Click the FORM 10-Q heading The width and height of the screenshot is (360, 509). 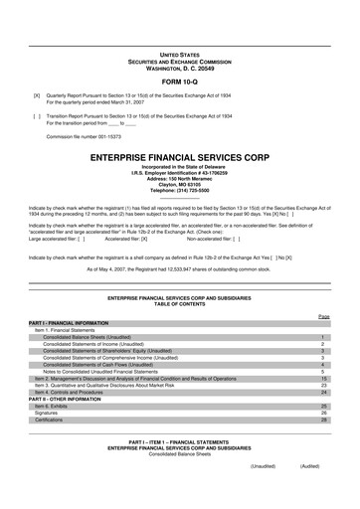click(179, 82)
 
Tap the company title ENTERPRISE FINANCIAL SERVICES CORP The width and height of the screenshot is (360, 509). click(179, 157)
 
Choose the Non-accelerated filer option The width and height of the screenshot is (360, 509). click(224, 240)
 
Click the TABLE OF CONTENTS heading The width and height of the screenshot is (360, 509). click(179, 302)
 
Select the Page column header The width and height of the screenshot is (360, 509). click(323, 315)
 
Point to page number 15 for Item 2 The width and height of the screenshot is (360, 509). click(324, 379)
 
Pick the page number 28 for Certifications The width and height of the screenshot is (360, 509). click(324, 421)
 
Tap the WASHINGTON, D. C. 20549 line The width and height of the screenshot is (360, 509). click(179, 66)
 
